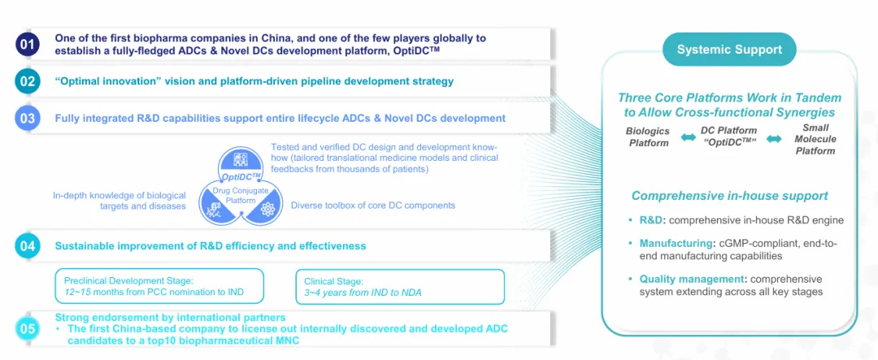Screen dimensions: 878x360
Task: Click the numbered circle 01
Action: click(28, 44)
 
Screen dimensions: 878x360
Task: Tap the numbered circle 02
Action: click(28, 82)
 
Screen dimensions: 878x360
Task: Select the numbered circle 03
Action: click(28, 119)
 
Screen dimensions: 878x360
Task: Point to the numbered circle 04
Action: click(28, 246)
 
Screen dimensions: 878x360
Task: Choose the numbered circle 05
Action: click(28, 329)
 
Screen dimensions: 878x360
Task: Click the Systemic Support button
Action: click(729, 50)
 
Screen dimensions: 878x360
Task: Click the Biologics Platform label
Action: click(647, 137)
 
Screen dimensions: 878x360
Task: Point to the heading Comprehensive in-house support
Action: click(729, 196)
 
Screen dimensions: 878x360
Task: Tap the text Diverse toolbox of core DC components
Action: click(373, 206)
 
